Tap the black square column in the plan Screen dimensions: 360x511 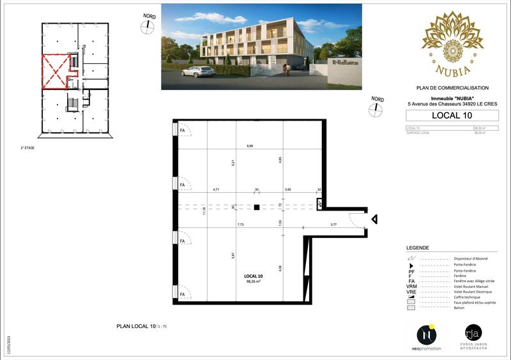(x=256, y=207)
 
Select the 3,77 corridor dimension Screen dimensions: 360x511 (x=333, y=224)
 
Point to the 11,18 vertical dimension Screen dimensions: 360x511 (x=204, y=211)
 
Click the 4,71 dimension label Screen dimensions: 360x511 (x=216, y=190)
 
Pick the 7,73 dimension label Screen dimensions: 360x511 (x=241, y=224)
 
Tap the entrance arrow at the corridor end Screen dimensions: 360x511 (x=375, y=220)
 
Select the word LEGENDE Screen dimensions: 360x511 (x=418, y=248)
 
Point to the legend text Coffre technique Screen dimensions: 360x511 (x=468, y=297)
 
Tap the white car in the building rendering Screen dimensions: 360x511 (x=198, y=71)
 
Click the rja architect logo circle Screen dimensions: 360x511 (x=473, y=332)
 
